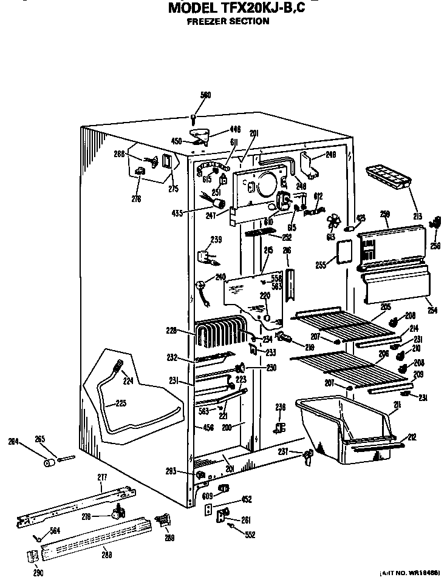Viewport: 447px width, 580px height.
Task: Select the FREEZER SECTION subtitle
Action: (228, 21)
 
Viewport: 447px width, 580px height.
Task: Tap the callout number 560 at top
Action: (205, 95)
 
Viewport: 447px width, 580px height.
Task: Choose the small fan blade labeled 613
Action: (333, 223)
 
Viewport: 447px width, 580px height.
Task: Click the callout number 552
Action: (250, 534)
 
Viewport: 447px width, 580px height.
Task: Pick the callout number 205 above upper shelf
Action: (385, 307)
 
